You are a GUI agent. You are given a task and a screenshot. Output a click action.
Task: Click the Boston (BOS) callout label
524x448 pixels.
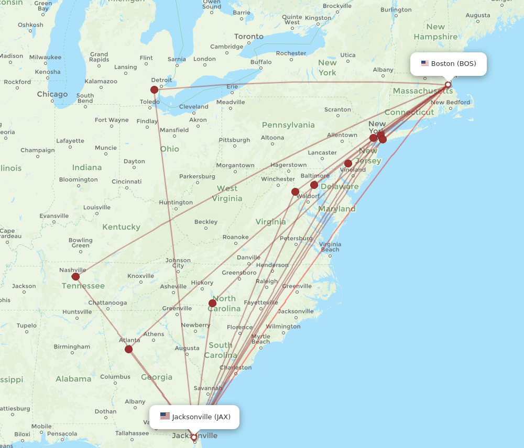click(x=449, y=64)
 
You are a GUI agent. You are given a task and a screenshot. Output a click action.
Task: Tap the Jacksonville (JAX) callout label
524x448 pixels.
click(x=194, y=417)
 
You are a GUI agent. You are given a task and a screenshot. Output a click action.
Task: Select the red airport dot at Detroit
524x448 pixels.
click(x=154, y=89)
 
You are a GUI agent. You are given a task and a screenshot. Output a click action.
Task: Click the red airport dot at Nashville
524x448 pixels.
click(x=75, y=276)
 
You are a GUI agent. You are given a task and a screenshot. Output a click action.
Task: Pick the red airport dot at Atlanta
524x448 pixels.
click(x=128, y=349)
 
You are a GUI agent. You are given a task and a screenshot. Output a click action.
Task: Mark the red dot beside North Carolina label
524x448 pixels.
click(x=212, y=303)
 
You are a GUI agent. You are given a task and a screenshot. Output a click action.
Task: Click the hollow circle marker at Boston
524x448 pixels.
click(x=448, y=84)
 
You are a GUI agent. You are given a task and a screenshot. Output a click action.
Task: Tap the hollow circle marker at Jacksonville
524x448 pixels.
click(x=194, y=437)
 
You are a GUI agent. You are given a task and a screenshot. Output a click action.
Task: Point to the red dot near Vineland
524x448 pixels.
click(x=348, y=163)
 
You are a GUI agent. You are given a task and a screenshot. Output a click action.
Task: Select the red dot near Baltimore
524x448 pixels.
click(x=314, y=185)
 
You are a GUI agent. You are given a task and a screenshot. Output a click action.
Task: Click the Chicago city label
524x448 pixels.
click(x=52, y=94)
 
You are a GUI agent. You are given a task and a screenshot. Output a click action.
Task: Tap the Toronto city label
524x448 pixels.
click(x=249, y=37)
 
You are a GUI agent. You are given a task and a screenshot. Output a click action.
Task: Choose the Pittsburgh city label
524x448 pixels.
click(x=234, y=140)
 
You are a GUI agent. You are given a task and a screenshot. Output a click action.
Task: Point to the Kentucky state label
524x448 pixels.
click(x=122, y=227)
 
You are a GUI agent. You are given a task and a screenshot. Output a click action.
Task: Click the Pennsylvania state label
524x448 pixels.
click(x=288, y=125)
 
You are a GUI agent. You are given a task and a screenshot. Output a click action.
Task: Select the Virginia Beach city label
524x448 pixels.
click(x=330, y=247)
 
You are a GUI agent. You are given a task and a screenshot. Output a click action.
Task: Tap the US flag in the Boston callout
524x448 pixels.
click(x=425, y=64)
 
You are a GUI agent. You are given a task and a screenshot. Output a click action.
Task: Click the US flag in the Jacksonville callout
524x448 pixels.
click(x=165, y=417)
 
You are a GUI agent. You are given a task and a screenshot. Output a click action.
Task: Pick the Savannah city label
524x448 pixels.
click(x=208, y=388)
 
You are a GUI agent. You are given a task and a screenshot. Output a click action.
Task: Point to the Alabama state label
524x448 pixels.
click(x=74, y=379)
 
